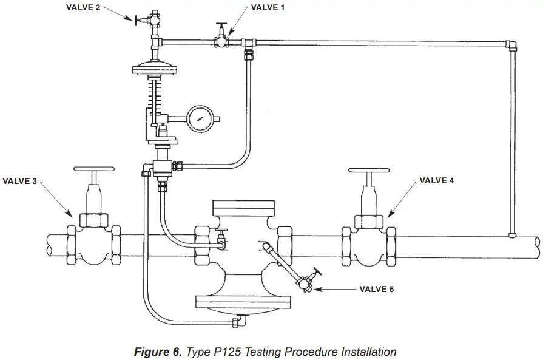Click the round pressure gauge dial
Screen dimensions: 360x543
[x=201, y=119]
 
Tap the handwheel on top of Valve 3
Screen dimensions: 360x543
[x=93, y=169]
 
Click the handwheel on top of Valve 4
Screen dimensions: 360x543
[x=368, y=170]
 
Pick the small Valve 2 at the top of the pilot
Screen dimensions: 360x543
[x=153, y=19]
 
